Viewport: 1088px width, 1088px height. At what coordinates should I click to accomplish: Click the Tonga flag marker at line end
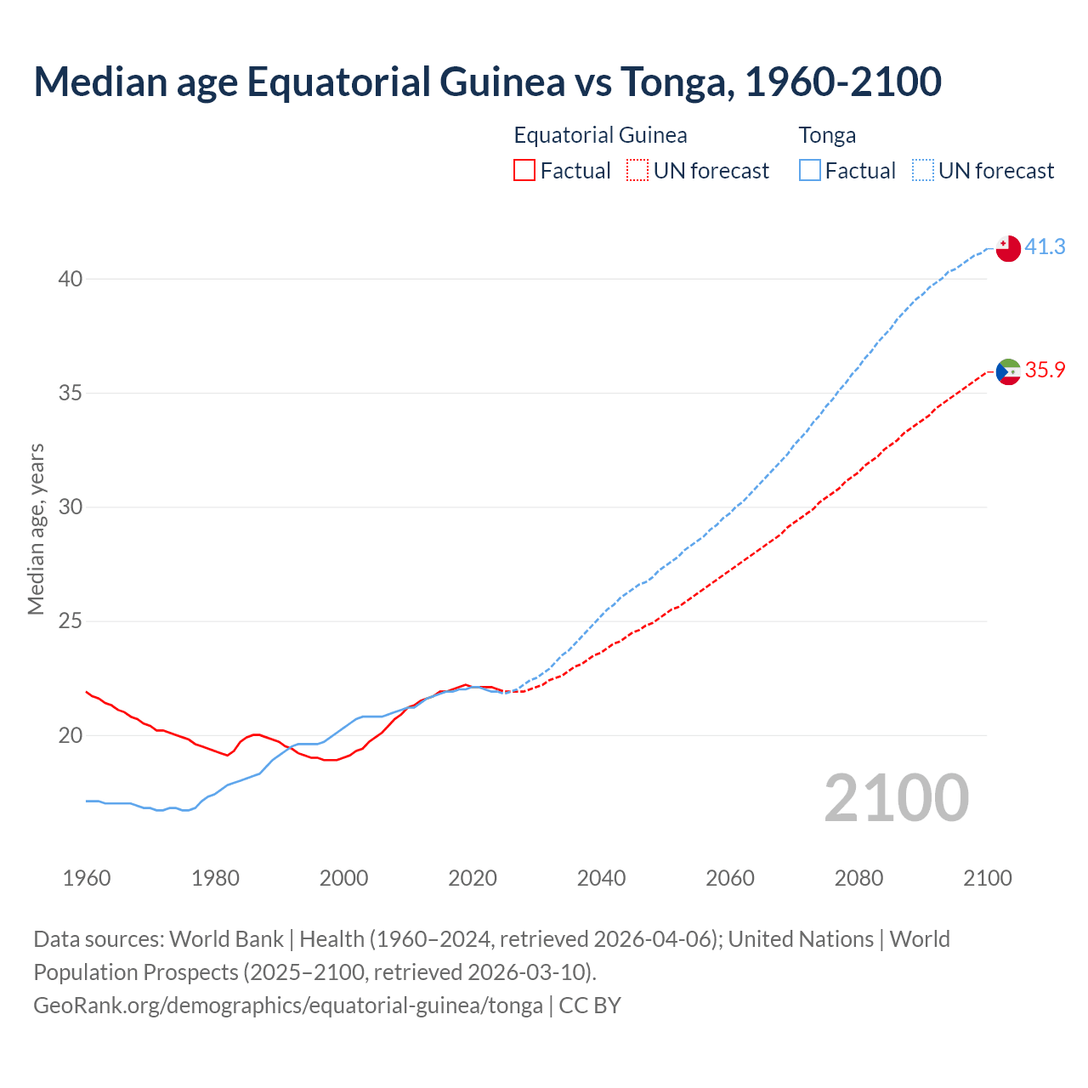pos(1008,248)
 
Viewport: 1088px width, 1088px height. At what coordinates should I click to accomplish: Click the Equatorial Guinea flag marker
pos(1008,371)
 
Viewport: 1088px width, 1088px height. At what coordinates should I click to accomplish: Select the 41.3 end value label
pos(1045,246)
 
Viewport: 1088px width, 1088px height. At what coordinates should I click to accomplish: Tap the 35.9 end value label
pos(1045,370)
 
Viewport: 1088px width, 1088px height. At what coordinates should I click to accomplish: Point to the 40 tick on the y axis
pos(71,279)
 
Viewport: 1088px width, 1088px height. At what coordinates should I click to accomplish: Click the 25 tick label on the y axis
pos(71,621)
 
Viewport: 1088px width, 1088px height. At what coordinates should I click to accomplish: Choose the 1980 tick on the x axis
pos(215,878)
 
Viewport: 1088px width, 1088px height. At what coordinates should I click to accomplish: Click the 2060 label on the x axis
pos(730,878)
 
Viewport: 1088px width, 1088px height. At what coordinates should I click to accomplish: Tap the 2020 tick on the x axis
pos(473,878)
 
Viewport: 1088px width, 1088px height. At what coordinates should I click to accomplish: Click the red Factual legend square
pos(524,171)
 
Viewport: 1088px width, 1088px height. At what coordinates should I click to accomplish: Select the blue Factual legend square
pos(810,171)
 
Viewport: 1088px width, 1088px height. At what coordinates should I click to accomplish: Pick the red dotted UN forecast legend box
pos(637,171)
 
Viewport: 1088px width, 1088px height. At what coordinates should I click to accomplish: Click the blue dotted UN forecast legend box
pos(923,171)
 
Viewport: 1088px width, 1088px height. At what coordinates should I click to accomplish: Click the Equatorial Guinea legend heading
pos(600,135)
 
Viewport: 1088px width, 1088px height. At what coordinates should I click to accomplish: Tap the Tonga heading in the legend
pos(827,135)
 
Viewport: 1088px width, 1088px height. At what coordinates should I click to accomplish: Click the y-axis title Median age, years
pos(36,529)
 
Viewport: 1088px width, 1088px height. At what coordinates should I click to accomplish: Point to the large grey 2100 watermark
pos(897,797)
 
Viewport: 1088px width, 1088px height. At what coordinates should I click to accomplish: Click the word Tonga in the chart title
pos(672,82)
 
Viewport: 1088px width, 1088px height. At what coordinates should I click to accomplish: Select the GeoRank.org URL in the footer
pos(288,1005)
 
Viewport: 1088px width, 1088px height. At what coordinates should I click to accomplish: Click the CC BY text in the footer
pos(590,1005)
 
